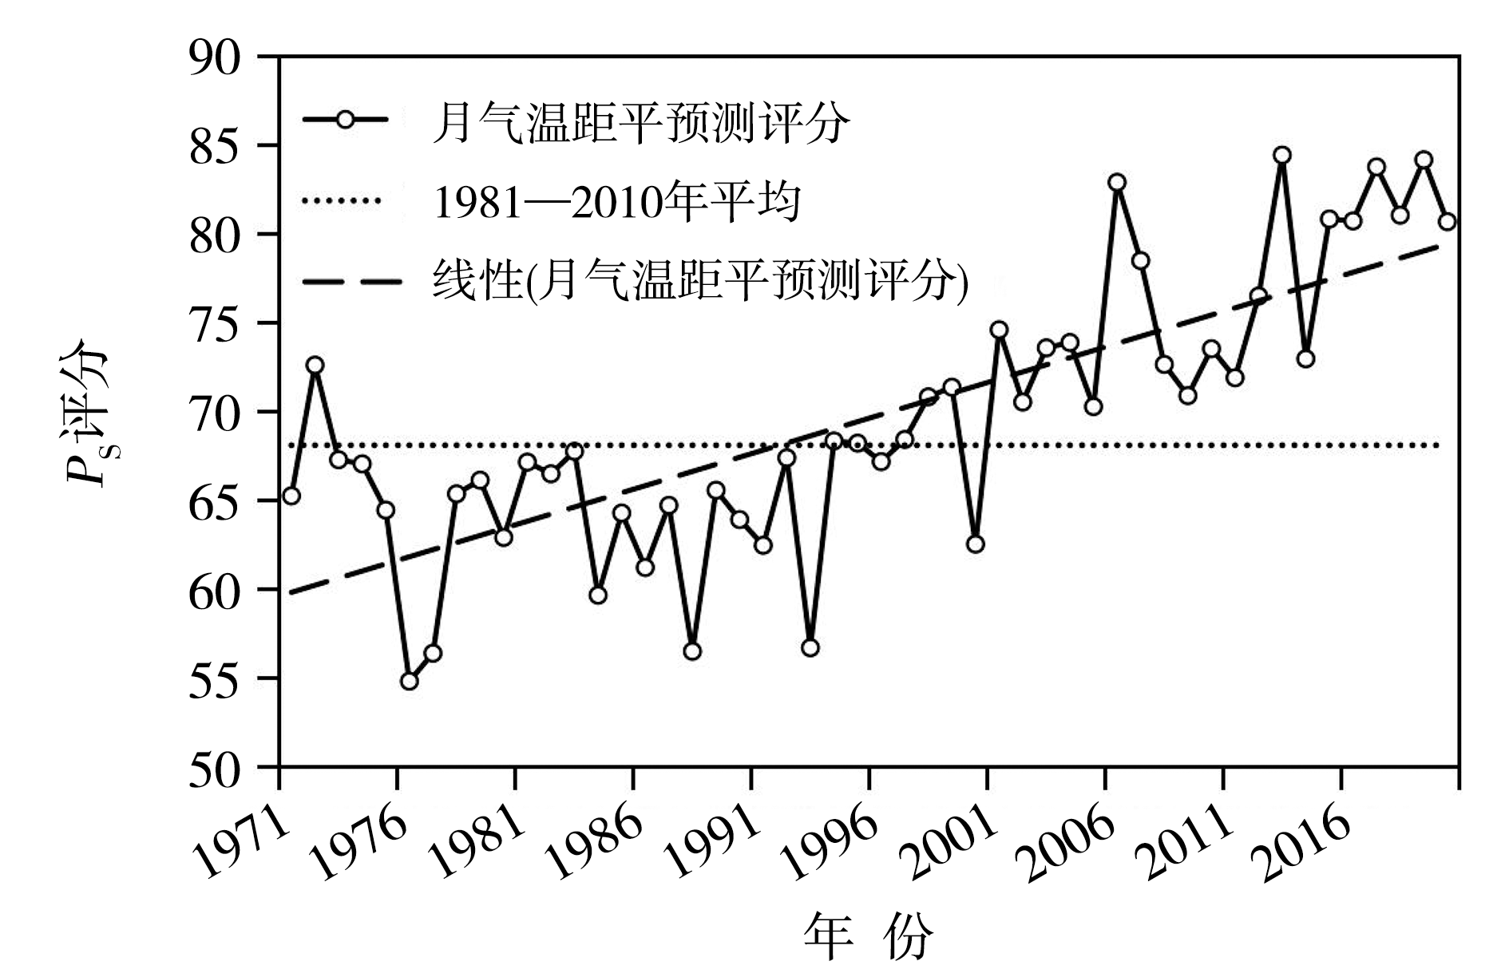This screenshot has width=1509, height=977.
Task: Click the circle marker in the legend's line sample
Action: [x=345, y=121]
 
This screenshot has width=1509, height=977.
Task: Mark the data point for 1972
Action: [x=315, y=365]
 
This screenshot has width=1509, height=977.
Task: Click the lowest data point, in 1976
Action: [x=410, y=681]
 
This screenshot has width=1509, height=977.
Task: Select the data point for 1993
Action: [x=810, y=647]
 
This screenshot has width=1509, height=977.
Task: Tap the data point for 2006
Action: [x=1117, y=182]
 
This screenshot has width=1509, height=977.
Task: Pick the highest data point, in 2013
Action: [x=1282, y=155]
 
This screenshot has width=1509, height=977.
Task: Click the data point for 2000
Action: [x=975, y=544]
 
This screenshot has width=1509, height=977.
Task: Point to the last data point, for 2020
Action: [x=1448, y=221]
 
